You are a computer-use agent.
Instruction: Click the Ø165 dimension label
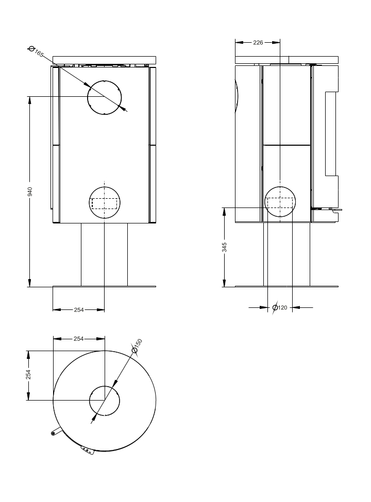(x=36, y=51)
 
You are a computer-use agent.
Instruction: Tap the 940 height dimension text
(x=30, y=192)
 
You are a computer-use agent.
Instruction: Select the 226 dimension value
(x=258, y=42)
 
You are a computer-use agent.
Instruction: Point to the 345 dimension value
(x=225, y=247)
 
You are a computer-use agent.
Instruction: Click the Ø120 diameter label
(x=280, y=308)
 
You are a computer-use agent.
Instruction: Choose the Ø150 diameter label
(x=137, y=346)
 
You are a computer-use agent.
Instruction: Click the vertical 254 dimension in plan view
(x=28, y=375)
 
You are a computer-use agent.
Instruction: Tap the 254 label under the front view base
(x=79, y=309)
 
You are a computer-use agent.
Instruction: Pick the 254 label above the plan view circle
(x=78, y=339)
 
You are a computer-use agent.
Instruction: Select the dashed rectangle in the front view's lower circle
(x=105, y=198)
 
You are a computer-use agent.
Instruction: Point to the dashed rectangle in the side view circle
(x=280, y=198)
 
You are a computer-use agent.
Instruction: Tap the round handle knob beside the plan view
(x=53, y=433)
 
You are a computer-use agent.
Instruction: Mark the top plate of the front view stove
(x=105, y=60)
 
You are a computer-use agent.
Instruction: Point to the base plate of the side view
(x=286, y=286)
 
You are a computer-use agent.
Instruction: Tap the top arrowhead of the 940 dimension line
(x=30, y=100)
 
